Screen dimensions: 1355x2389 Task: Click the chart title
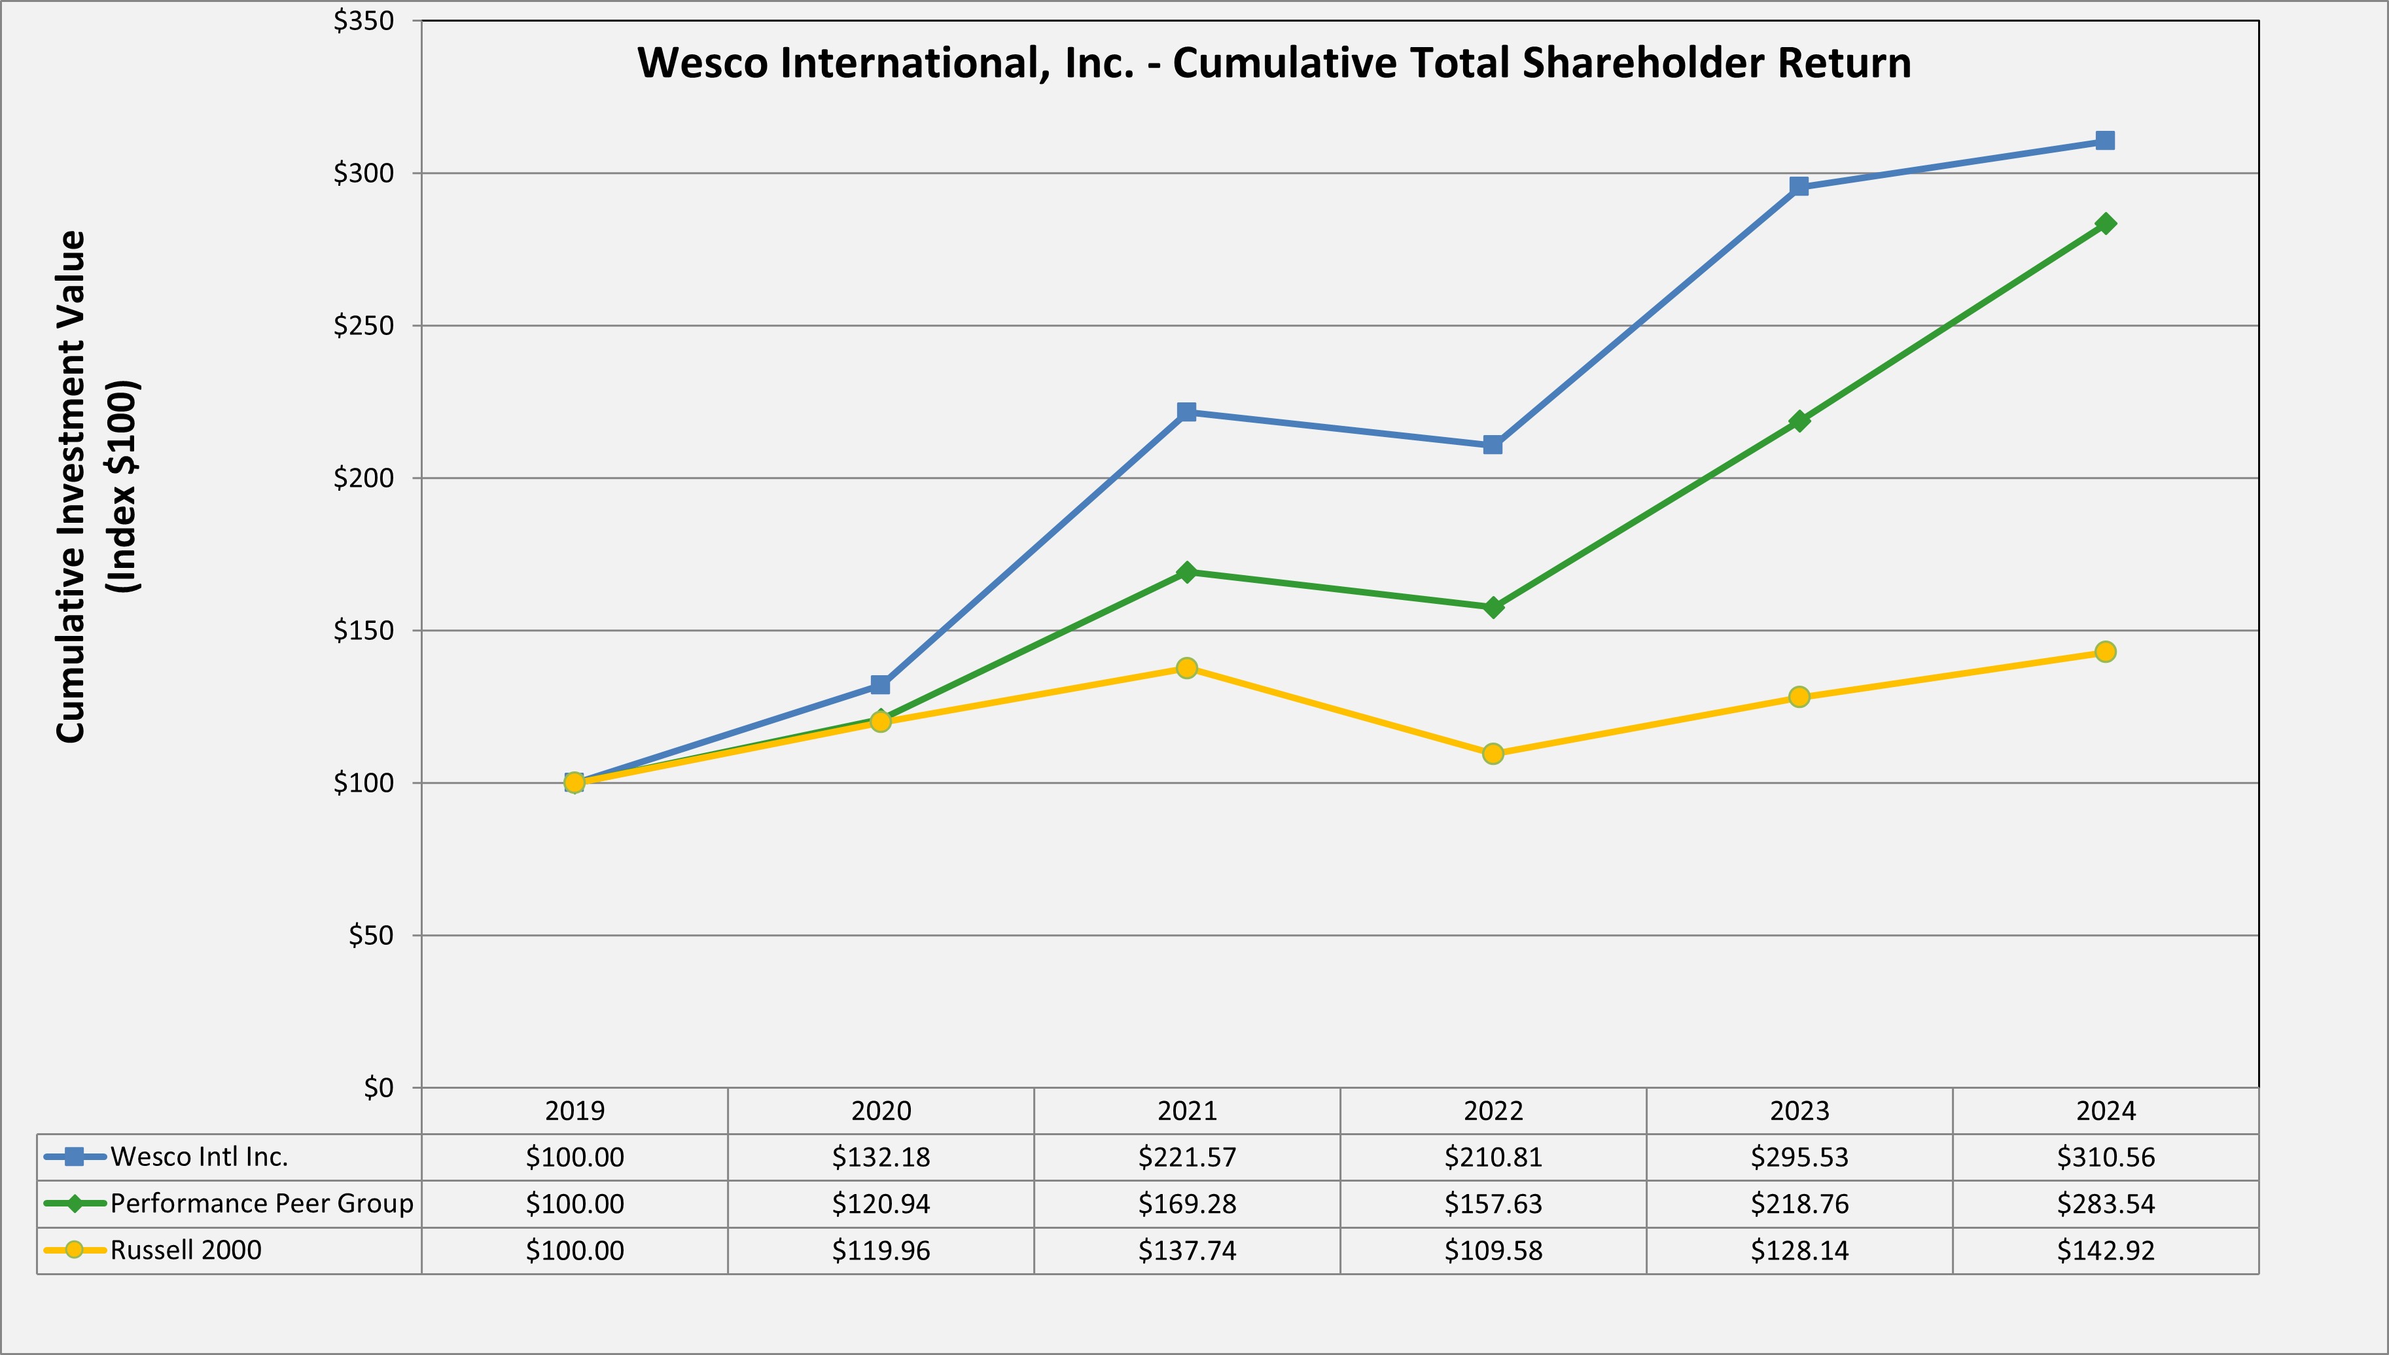coord(1274,63)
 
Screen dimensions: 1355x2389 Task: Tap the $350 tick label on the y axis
coord(364,20)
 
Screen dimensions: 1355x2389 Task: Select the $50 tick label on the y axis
coord(370,936)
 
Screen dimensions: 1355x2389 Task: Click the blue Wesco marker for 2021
coord(1186,412)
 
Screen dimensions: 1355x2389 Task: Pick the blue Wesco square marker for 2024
coord(2105,141)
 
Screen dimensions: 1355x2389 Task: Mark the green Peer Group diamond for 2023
coord(1799,421)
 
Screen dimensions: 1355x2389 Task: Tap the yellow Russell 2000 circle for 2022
coord(1493,753)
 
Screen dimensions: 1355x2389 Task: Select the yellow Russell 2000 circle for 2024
coord(2105,652)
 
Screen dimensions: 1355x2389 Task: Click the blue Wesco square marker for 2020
coord(880,685)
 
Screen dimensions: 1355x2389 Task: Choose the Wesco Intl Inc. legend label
coord(199,1157)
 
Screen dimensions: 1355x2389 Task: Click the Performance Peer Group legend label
coord(262,1203)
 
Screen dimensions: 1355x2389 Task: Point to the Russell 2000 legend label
coord(186,1250)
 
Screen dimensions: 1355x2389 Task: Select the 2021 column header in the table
coord(1186,1110)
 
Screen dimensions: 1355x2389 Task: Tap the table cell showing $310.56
coord(2105,1157)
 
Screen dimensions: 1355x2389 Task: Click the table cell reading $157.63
coord(1493,1203)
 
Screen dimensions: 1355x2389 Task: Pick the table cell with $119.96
coord(880,1250)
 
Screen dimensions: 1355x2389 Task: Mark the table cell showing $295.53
coord(1799,1157)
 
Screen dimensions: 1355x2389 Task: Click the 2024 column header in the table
coord(2105,1110)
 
